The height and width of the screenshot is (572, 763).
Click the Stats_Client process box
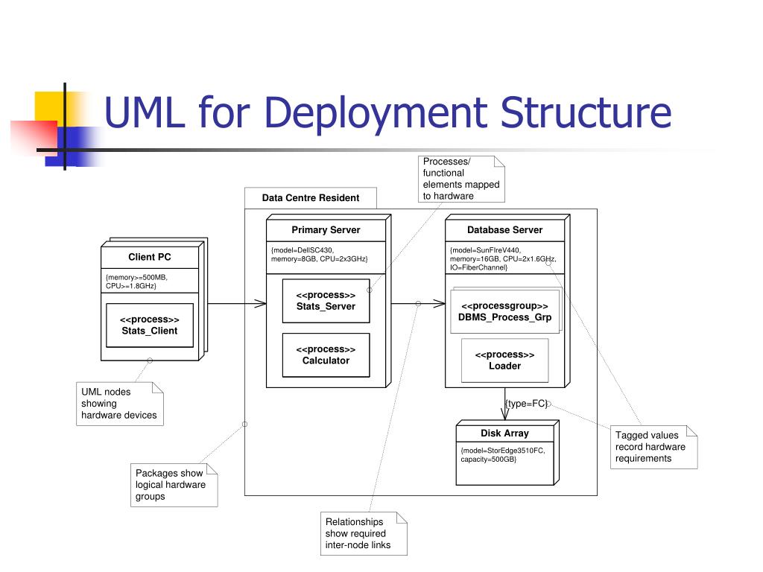point(150,325)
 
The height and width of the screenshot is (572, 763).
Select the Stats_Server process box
point(326,301)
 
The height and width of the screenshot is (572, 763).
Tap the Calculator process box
point(326,355)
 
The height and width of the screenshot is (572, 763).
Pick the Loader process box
point(504,360)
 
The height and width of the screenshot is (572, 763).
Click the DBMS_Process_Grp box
point(504,312)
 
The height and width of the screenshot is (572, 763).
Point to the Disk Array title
point(504,433)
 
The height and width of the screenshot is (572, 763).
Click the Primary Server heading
point(326,230)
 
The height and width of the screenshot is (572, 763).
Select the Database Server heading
point(504,230)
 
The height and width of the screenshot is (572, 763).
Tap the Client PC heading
point(150,257)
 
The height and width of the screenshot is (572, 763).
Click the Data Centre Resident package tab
point(311,198)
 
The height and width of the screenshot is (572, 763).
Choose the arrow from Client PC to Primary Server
point(236,303)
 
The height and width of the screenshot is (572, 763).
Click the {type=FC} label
point(526,404)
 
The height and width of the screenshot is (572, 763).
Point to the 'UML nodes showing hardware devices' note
point(120,404)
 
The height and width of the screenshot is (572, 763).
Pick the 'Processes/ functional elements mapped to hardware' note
point(461,179)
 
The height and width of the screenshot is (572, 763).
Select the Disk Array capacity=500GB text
point(489,460)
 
